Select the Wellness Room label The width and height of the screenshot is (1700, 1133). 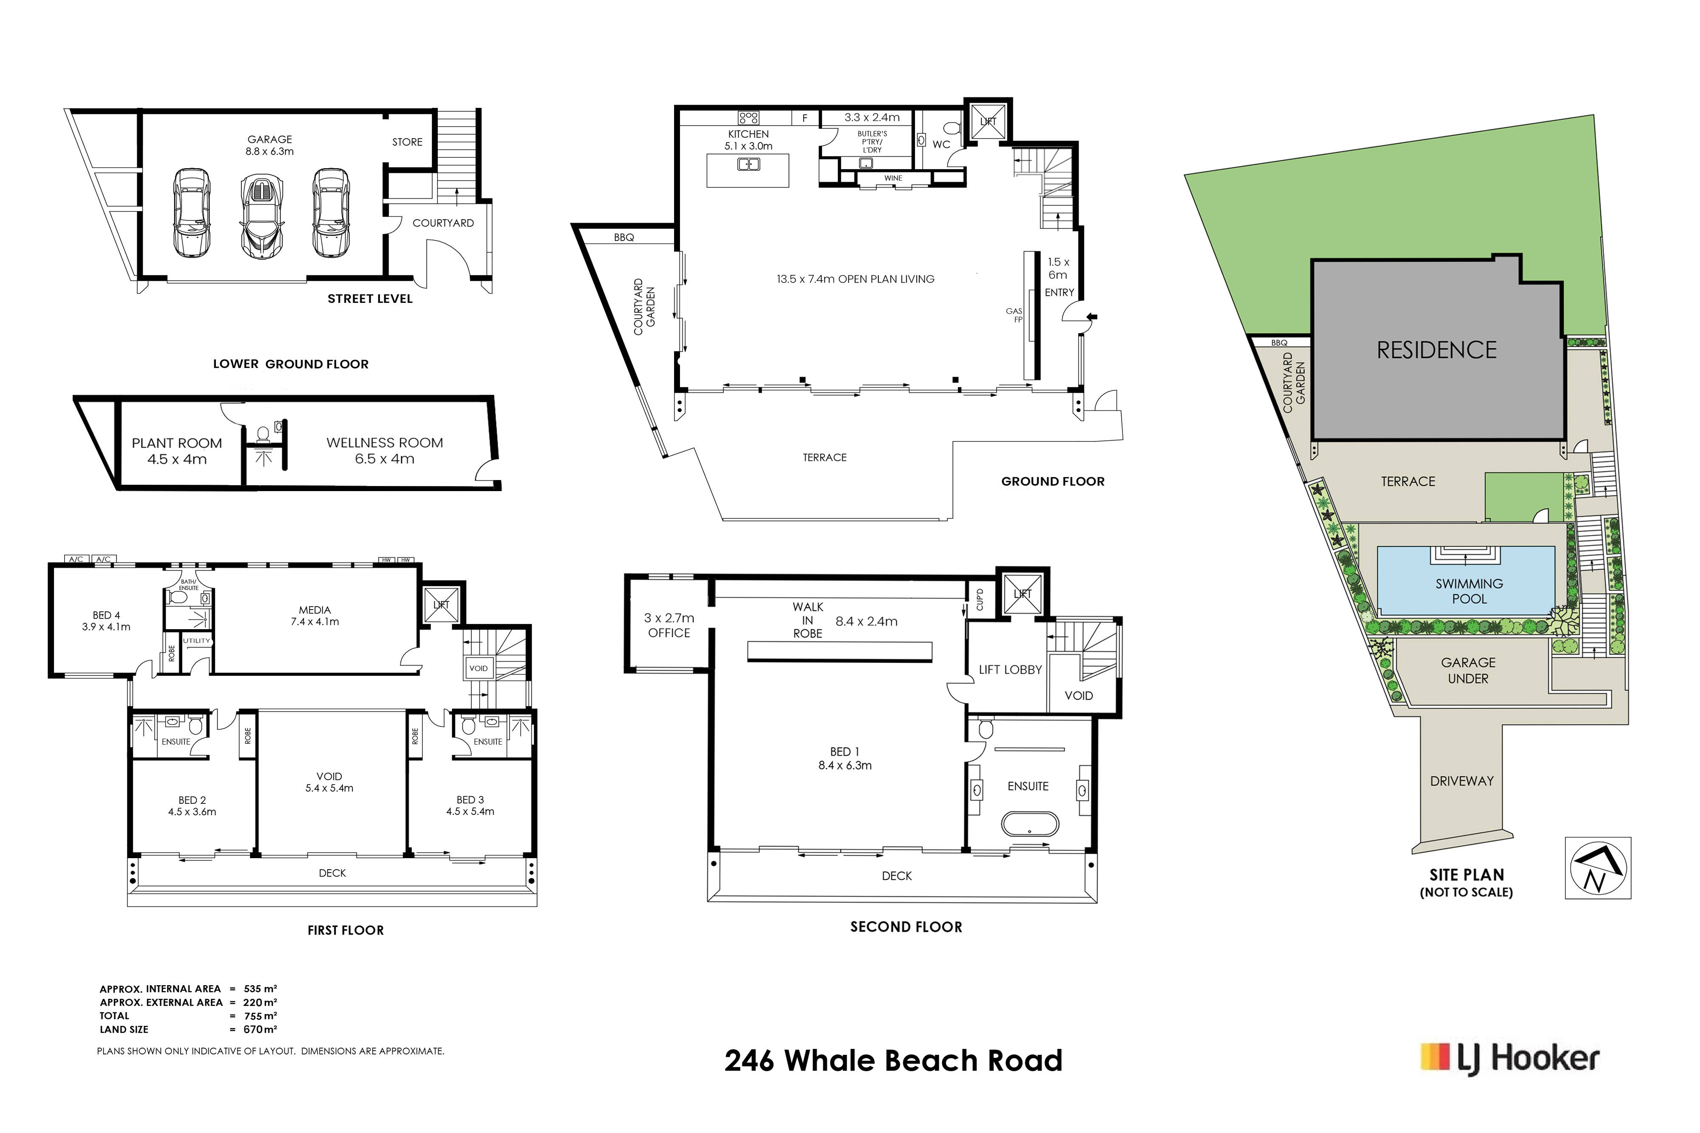(385, 451)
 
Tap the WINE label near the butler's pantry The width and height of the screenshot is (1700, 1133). (893, 178)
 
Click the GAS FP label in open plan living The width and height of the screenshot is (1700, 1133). (1015, 315)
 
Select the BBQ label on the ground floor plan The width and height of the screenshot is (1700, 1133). (624, 237)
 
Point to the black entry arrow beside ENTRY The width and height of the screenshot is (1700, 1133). (1092, 316)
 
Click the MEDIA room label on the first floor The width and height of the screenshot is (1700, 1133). (314, 616)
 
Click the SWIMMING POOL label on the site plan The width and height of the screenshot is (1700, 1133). (1469, 591)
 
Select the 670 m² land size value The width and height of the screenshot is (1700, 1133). (260, 1029)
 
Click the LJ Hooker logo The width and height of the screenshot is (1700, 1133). (1510, 1059)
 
